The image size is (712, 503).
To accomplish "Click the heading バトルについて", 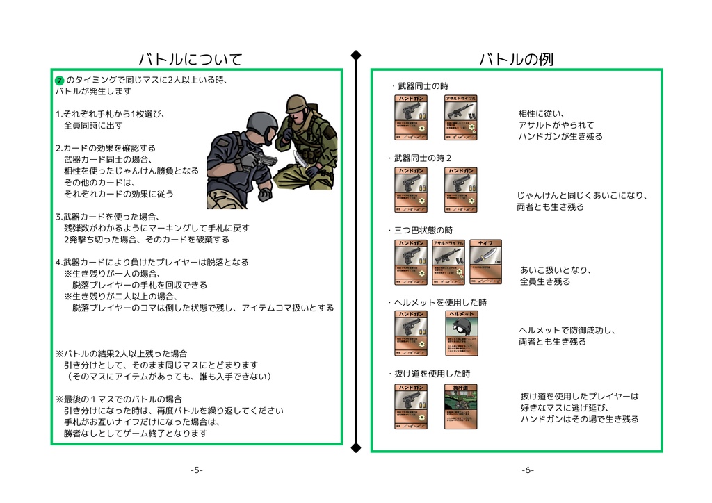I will (190, 59).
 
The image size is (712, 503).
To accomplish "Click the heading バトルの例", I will (516, 59).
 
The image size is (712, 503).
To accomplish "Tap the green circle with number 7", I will (60, 81).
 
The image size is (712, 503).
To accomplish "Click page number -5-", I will (197, 470).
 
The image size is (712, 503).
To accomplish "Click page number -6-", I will (528, 470).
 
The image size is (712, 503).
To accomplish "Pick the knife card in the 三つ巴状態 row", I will (485, 263).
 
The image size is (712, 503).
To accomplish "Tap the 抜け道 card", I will (460, 406).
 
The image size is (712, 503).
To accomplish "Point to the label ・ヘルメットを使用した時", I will (437, 303).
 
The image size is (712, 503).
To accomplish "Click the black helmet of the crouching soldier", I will (262, 125).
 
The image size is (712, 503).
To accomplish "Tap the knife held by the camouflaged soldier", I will (300, 160).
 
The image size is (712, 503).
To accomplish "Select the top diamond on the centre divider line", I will (356, 55).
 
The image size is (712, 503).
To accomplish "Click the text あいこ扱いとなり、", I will (555, 270).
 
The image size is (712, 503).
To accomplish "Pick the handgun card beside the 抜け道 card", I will (411, 406).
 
